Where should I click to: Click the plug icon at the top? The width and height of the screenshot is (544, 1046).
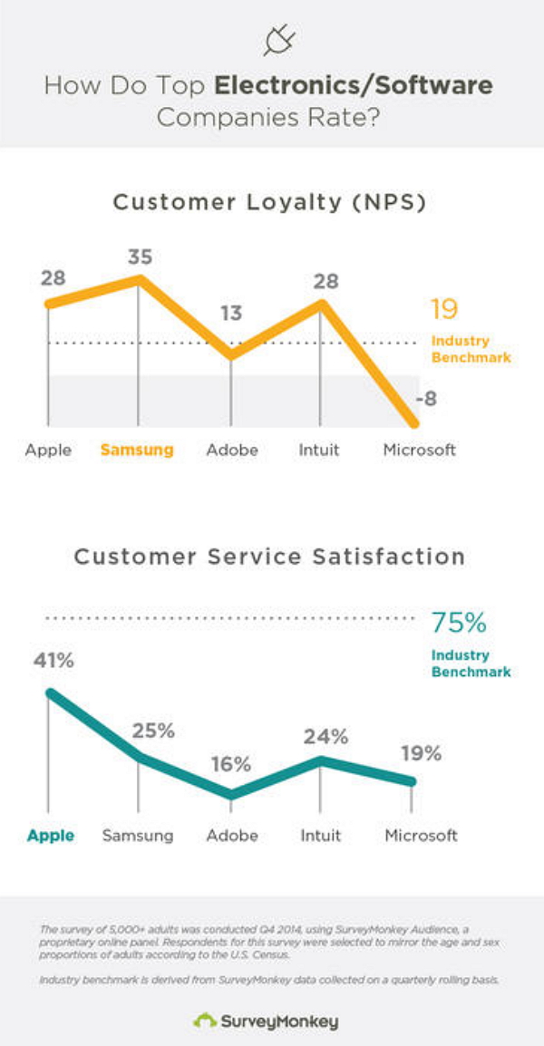278,41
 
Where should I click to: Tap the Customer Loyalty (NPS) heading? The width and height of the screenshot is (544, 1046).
269,202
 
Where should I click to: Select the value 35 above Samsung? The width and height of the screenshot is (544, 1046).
140,257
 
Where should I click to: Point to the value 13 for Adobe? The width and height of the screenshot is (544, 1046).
231,314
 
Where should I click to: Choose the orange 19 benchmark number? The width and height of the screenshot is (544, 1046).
444,311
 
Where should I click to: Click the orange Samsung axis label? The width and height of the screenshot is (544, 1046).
136,450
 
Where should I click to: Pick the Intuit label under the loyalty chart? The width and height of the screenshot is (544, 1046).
320,450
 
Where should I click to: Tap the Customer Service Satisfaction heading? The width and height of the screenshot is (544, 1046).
269,556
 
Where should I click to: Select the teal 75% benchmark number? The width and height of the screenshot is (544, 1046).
459,624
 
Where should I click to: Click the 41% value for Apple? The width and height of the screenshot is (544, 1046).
52,661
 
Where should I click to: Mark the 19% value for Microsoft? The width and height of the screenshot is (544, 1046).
420,753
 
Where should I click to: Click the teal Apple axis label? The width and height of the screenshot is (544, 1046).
50,836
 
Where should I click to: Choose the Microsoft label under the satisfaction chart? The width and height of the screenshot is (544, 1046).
421,836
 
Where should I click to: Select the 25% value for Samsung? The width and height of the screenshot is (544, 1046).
152,731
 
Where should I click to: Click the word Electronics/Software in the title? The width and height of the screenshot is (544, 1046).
354,87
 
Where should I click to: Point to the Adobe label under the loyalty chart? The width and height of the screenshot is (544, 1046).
232,450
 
